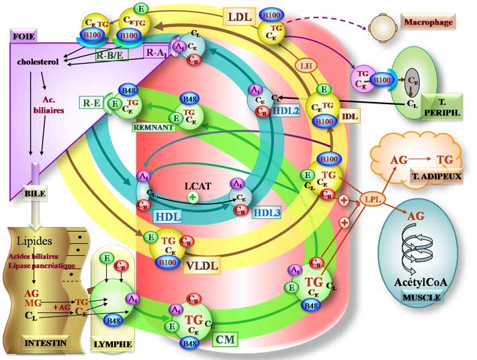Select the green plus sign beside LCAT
click(193, 197)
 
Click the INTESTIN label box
click(46, 343)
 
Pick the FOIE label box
click(25, 34)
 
